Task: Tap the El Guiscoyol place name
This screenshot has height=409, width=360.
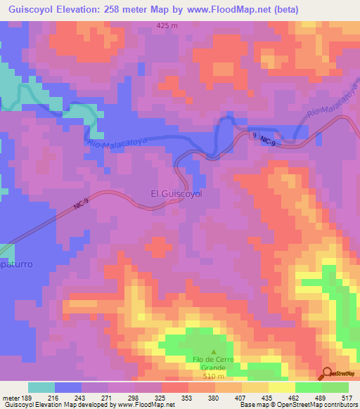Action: point(176,193)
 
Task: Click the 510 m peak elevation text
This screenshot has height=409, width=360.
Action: point(213,375)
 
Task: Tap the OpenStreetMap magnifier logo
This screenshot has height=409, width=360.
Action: point(327,374)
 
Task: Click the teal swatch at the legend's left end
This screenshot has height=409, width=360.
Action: point(41,387)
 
